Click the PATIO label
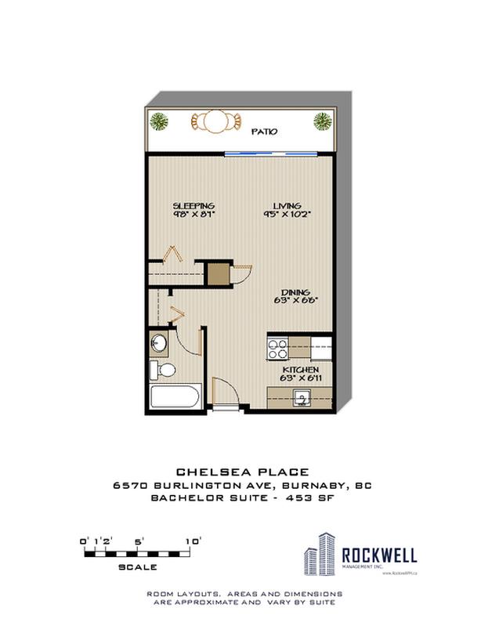264,132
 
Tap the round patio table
212,122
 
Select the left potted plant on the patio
159,121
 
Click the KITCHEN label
299,369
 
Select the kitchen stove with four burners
278,346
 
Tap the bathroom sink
160,344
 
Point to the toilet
165,370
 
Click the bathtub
176,396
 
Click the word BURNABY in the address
318,486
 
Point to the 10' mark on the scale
193,541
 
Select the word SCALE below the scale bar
138,566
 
